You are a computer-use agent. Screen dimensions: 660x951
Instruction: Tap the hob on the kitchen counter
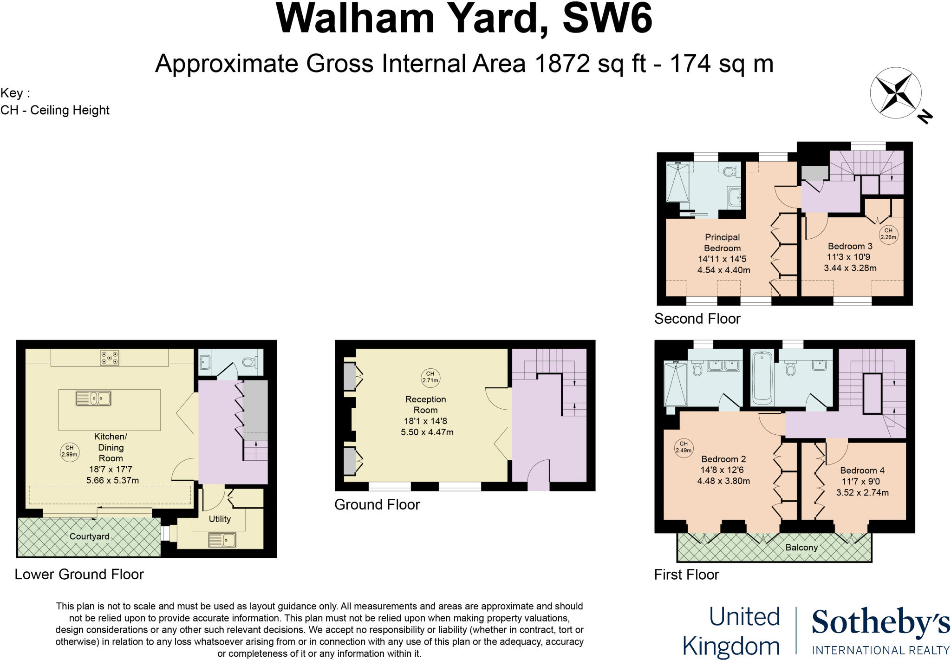110,357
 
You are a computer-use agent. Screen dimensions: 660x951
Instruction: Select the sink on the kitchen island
93,399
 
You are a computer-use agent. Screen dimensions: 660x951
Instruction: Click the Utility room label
220,519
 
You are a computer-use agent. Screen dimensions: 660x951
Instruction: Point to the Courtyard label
89,536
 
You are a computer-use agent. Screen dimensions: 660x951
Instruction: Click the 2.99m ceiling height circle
69,451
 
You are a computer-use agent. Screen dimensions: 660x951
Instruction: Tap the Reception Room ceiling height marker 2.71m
430,377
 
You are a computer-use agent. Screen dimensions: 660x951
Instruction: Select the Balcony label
801,547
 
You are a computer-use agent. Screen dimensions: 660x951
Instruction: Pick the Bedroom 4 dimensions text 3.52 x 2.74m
862,492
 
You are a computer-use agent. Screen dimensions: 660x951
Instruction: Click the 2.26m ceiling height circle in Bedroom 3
888,234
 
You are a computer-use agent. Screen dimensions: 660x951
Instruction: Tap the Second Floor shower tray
677,182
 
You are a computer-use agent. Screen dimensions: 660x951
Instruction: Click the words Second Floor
697,319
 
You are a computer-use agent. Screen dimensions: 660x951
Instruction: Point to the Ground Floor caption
377,504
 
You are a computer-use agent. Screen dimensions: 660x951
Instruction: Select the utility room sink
222,540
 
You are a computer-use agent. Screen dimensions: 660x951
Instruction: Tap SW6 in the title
607,19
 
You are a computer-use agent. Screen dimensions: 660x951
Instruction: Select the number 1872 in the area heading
562,64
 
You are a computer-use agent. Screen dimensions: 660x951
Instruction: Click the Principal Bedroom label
722,242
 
